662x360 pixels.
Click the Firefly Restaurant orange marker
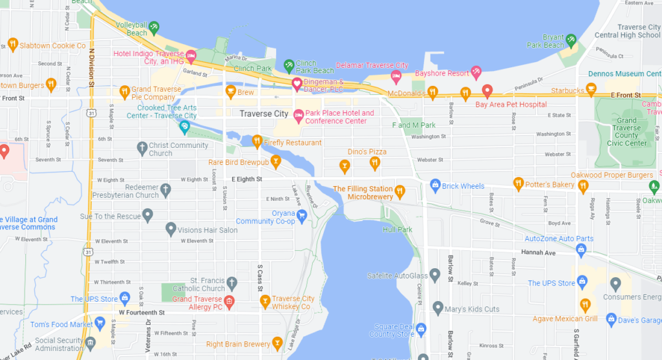(x=257, y=141)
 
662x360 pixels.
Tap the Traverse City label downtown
(x=264, y=114)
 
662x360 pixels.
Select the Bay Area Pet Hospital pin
(x=487, y=91)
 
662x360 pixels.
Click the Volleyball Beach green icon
(x=154, y=28)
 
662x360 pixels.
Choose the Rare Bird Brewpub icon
(x=275, y=162)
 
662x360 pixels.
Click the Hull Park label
(x=397, y=229)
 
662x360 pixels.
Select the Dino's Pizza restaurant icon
(x=374, y=164)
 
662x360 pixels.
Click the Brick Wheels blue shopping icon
(x=435, y=186)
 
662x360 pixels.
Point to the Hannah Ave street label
(x=540, y=253)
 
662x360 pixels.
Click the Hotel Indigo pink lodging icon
(x=191, y=58)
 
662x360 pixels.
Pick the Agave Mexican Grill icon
(x=585, y=305)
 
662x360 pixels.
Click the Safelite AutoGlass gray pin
(x=435, y=276)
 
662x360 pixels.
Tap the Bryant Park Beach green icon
(x=571, y=41)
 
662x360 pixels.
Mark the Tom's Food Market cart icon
(x=100, y=324)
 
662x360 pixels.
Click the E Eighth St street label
(x=246, y=179)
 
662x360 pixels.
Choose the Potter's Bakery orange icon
(x=518, y=185)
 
